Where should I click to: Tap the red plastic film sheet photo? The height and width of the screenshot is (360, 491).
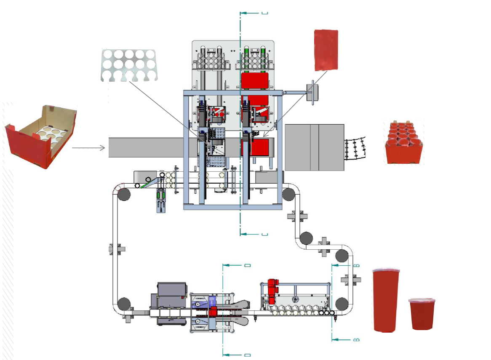(x=326, y=50)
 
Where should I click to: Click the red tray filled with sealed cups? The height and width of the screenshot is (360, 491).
(x=404, y=143)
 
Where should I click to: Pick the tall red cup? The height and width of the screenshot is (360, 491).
(x=386, y=299)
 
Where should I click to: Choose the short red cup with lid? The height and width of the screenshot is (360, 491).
(x=422, y=314)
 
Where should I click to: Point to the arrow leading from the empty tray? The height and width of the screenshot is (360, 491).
(x=88, y=148)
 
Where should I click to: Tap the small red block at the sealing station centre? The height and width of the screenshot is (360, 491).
(x=213, y=312)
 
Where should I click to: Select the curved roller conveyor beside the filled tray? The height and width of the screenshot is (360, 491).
(x=355, y=149)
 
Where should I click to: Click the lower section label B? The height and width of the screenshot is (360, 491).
(x=355, y=339)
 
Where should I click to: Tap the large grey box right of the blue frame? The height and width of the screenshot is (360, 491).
(x=314, y=147)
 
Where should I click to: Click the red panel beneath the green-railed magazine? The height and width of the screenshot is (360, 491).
(x=254, y=80)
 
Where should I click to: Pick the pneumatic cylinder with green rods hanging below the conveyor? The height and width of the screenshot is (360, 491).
(x=161, y=201)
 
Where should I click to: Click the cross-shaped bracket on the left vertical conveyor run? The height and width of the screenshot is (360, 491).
(x=117, y=249)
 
